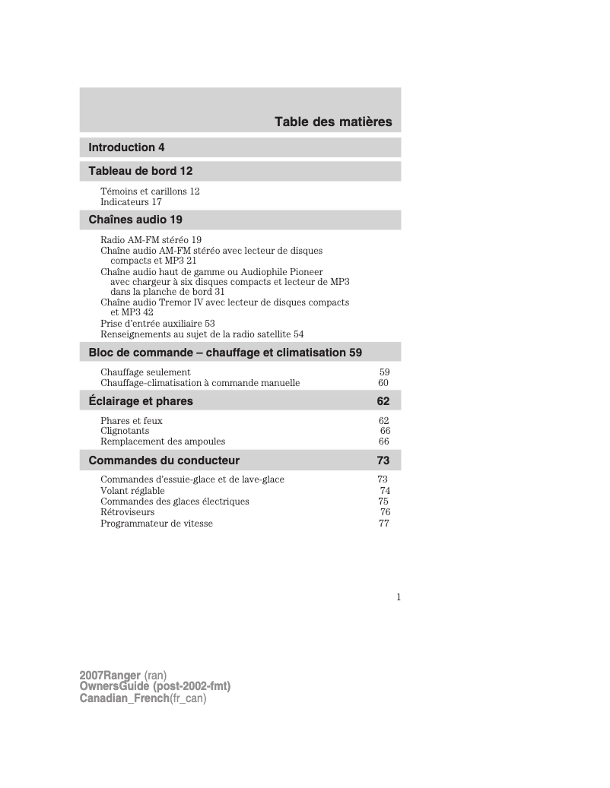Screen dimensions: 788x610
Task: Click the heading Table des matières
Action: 333,122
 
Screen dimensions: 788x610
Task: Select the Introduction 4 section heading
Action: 126,147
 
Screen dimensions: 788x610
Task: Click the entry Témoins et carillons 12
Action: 150,191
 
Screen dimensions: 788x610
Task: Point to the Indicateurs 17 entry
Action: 131,202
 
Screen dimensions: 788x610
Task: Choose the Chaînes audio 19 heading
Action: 135,220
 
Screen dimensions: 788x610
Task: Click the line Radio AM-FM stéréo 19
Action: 151,240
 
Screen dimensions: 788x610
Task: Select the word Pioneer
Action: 304,271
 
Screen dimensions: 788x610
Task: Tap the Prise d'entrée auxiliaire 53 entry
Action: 157,323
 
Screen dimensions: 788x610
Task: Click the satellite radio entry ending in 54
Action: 202,334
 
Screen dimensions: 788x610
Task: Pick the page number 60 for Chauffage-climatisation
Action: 383,383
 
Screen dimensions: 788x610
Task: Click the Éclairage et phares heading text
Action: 141,401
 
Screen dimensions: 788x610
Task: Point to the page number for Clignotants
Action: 385,431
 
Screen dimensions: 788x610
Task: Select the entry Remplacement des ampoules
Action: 163,441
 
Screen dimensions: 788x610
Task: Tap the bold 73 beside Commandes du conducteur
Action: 383,460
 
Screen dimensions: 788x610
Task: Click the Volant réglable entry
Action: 132,491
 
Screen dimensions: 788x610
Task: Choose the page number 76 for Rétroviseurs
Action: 385,512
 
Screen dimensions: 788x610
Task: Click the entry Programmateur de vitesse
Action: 157,524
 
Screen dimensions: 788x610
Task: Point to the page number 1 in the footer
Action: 398,597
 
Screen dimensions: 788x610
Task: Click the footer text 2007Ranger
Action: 110,676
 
